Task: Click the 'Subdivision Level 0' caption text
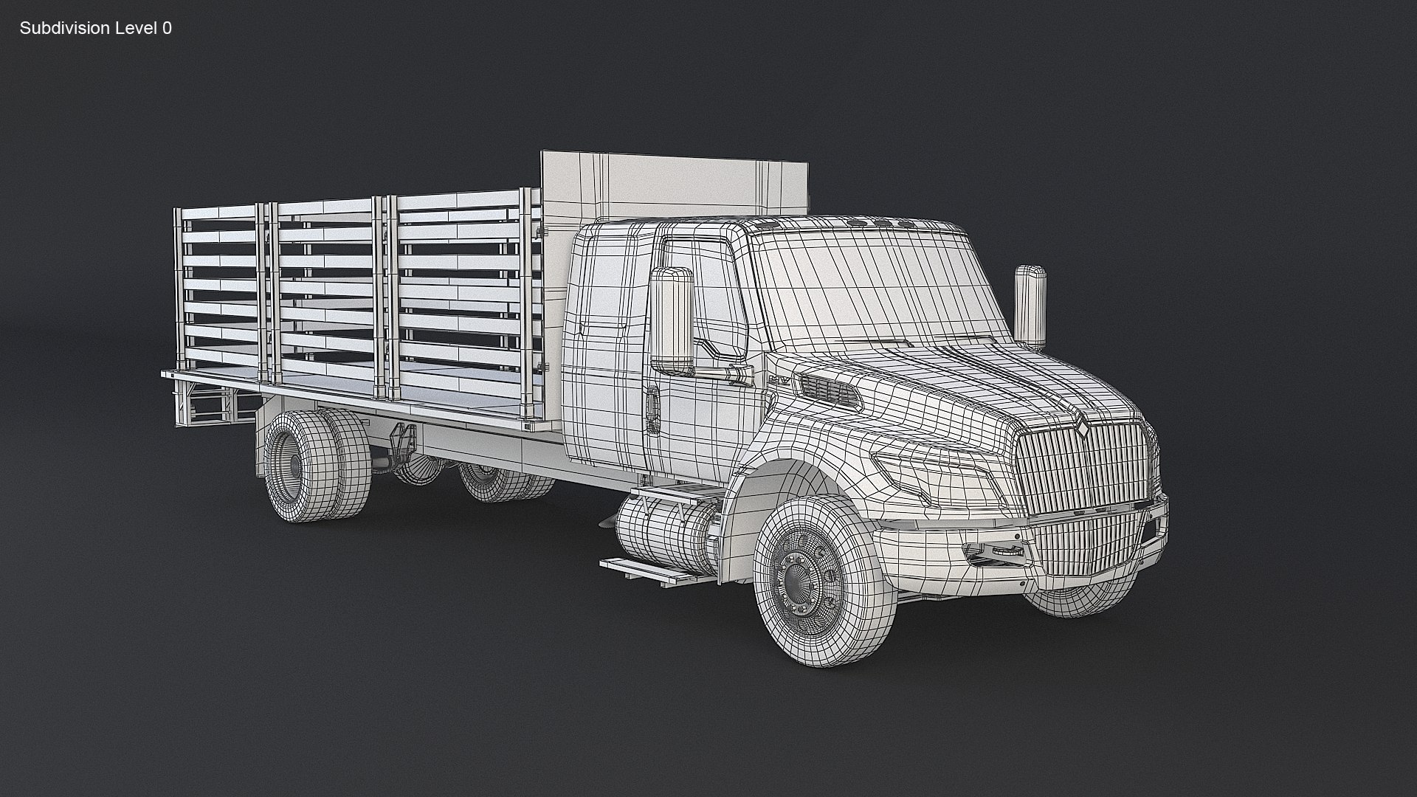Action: tap(95, 28)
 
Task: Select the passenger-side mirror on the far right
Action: tap(1030, 306)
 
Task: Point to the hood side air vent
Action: tap(831, 390)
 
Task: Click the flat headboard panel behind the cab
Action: tap(675, 184)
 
